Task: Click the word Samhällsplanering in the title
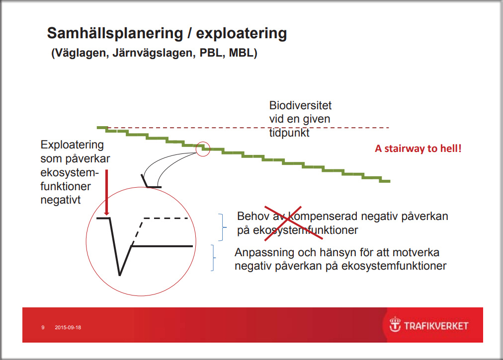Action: coord(115,33)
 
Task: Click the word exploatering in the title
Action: coord(242,33)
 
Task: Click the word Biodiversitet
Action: coord(300,105)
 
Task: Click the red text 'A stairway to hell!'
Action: coord(418,148)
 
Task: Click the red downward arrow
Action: coord(107,192)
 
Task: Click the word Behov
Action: coord(253,216)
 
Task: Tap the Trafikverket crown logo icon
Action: coord(395,324)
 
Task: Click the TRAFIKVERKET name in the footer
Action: coord(436,326)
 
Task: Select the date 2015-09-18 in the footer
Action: coord(68,327)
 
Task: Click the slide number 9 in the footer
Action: coord(43,327)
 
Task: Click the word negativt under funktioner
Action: coord(61,200)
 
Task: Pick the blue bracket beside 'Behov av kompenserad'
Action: coord(223,227)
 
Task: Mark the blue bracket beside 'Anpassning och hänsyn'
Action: coord(213,258)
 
